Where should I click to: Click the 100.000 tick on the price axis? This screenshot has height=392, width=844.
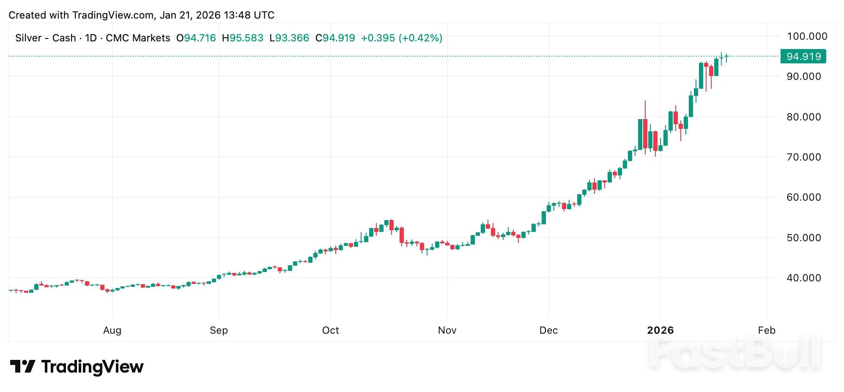(x=806, y=36)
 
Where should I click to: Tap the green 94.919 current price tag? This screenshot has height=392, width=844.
(x=803, y=56)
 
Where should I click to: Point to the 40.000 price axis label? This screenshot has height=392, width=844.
(x=803, y=278)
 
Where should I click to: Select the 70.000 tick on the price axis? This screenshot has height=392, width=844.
(x=803, y=157)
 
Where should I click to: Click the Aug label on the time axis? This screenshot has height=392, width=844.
(x=112, y=330)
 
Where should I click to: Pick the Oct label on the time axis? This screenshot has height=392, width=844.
(x=330, y=330)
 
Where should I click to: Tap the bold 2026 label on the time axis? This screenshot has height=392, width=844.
(x=660, y=330)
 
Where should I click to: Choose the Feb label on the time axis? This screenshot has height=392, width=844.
(x=767, y=330)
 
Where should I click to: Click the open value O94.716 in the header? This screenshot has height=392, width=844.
(x=196, y=38)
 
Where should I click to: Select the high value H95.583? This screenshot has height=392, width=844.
(x=243, y=38)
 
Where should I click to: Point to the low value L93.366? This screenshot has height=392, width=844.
(x=289, y=38)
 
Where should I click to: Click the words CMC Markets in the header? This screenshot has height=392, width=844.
(x=138, y=38)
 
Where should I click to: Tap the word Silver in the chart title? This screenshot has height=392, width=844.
(x=28, y=38)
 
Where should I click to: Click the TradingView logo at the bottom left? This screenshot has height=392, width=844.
(x=77, y=367)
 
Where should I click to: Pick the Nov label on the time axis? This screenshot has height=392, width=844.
(x=447, y=330)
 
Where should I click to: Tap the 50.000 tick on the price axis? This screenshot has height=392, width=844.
(x=803, y=238)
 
